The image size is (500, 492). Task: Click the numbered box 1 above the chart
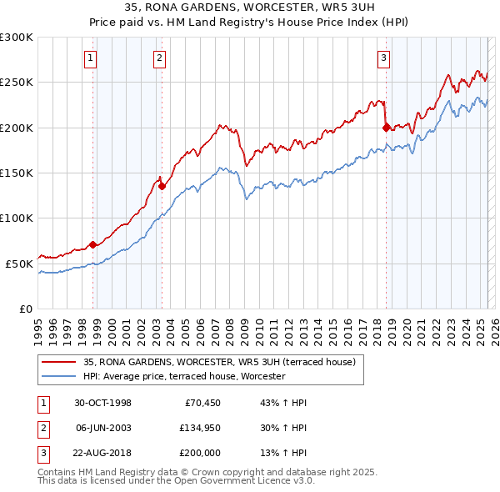90,58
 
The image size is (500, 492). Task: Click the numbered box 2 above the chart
158,58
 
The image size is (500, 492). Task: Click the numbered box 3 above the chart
383,58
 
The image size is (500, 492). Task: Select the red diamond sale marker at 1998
93,244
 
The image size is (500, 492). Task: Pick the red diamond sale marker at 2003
162,186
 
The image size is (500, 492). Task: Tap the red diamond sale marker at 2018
386,128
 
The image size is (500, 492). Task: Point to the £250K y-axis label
17,83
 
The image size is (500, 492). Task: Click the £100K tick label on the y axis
17,218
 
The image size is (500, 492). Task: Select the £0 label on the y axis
26,309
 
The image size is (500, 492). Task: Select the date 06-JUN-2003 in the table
102,428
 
